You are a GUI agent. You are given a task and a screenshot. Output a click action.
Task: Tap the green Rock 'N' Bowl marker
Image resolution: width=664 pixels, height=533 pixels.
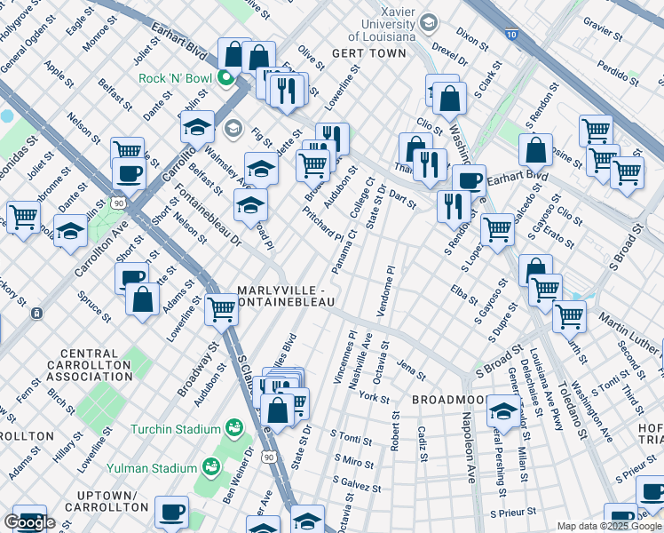(225, 78)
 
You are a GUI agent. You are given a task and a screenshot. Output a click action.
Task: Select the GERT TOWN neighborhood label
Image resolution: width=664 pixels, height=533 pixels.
(368, 53)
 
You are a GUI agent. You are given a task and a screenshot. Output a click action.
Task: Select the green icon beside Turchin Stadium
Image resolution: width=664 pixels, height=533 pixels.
(234, 429)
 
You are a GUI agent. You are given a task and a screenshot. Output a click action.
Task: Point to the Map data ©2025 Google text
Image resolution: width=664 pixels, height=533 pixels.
(609, 526)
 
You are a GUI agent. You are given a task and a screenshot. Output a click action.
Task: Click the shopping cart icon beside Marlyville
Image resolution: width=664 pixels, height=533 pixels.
(220, 309)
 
